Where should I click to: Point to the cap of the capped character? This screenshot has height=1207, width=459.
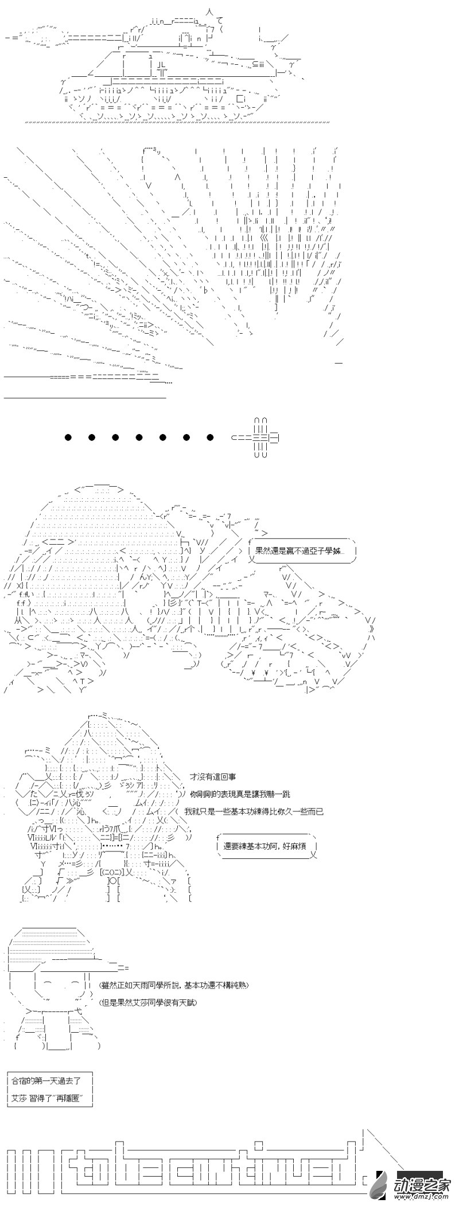tap(55, 946)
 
